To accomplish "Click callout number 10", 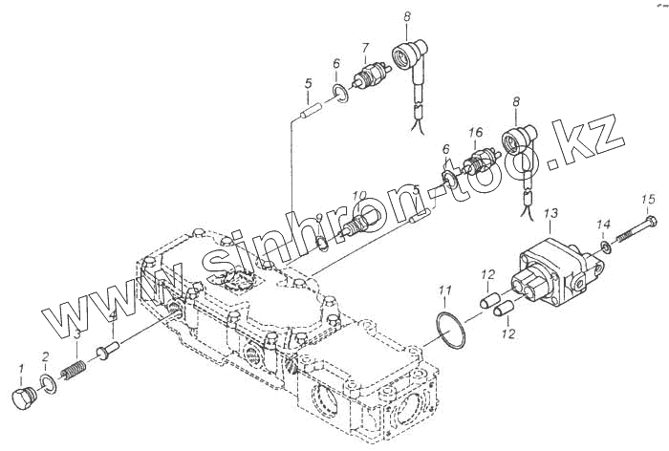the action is pyautogui.click(x=359, y=197).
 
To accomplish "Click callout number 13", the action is pyautogui.click(x=550, y=212).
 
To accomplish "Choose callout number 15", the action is pyautogui.click(x=649, y=199).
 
